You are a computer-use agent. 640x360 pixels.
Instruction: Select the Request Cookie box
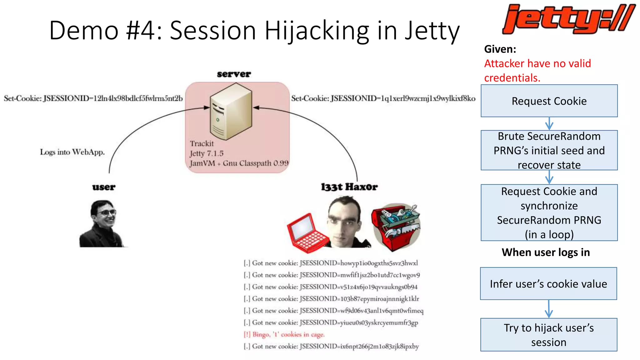point(549,101)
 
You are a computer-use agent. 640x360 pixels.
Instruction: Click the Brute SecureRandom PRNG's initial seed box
point(549,150)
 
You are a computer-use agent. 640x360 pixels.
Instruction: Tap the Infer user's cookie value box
point(548,284)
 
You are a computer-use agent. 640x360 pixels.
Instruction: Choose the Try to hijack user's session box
point(548,335)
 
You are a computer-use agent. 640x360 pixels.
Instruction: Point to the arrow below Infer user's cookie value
point(549,309)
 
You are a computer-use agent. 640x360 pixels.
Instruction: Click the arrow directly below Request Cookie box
point(549,123)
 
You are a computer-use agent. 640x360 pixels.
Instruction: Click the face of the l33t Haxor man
point(344,220)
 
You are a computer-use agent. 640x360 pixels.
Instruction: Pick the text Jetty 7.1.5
point(207,153)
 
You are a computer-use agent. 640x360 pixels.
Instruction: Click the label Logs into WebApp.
point(72,152)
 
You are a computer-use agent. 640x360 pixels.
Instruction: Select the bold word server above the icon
point(234,74)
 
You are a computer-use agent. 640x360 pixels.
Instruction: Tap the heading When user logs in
point(546,252)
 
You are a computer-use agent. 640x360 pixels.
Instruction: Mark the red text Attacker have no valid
point(537,63)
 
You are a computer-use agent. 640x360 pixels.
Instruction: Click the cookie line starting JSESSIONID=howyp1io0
point(331,263)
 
